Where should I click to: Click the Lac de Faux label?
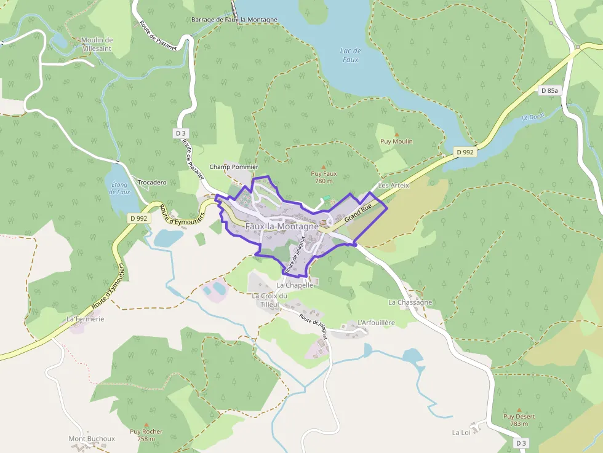click(x=349, y=55)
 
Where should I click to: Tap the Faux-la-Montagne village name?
click(x=282, y=226)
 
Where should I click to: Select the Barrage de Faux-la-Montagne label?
click(x=234, y=20)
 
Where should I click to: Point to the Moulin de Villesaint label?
click(x=97, y=44)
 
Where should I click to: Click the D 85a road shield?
click(x=549, y=90)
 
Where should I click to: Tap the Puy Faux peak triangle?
click(x=323, y=167)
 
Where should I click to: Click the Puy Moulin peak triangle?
click(x=396, y=134)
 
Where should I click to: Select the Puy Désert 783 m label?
click(x=519, y=420)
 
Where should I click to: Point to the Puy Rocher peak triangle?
click(x=146, y=424)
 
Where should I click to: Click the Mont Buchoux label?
click(x=92, y=438)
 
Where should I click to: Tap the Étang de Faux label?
click(x=119, y=187)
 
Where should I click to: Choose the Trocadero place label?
click(x=152, y=183)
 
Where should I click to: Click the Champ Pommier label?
click(x=234, y=167)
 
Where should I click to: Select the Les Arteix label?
click(x=394, y=185)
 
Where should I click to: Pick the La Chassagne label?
click(x=410, y=302)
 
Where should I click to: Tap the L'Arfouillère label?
click(x=376, y=323)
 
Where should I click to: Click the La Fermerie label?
click(x=86, y=319)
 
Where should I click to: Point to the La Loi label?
click(x=461, y=432)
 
